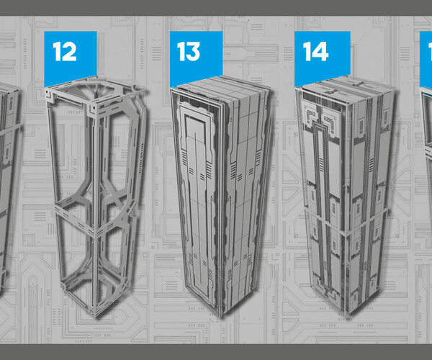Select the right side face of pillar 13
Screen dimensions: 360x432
(248, 202)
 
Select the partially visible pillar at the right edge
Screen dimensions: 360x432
(426, 144)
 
